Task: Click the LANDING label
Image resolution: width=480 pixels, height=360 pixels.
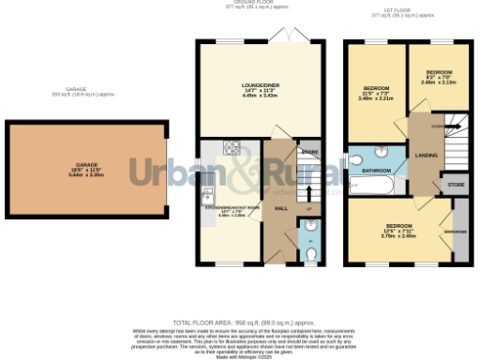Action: [427, 156]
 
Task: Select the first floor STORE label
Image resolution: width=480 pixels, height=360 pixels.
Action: [456, 185]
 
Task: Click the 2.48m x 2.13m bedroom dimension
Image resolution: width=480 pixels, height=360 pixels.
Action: [439, 82]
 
